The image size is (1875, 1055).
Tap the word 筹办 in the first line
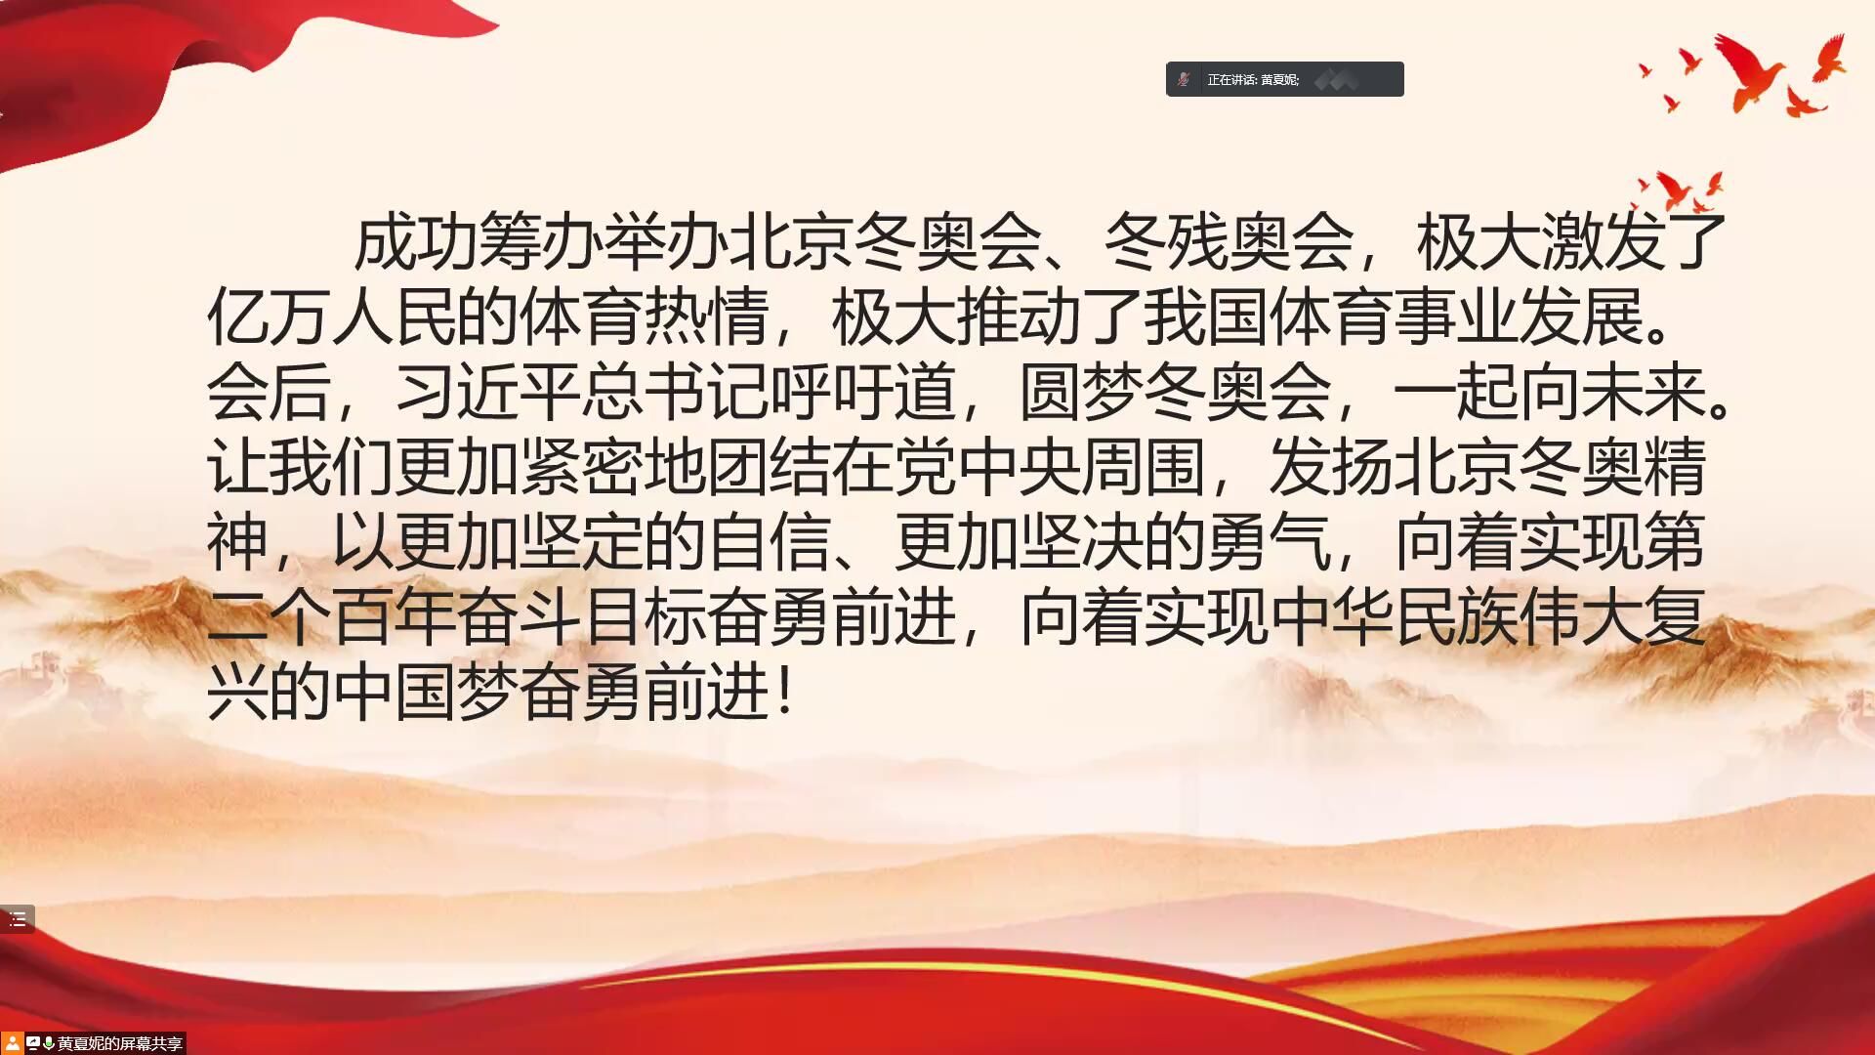542,242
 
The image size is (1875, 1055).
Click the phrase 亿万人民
331,317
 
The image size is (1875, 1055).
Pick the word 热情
706,317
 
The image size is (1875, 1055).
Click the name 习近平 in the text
487,392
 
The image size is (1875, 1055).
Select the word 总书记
675,392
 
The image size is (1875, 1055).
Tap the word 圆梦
1081,392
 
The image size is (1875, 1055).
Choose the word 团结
769,467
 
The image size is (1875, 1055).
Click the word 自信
769,542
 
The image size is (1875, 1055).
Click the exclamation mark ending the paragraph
786,693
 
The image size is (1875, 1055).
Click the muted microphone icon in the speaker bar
1184,79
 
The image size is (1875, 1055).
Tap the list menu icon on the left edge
18,919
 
